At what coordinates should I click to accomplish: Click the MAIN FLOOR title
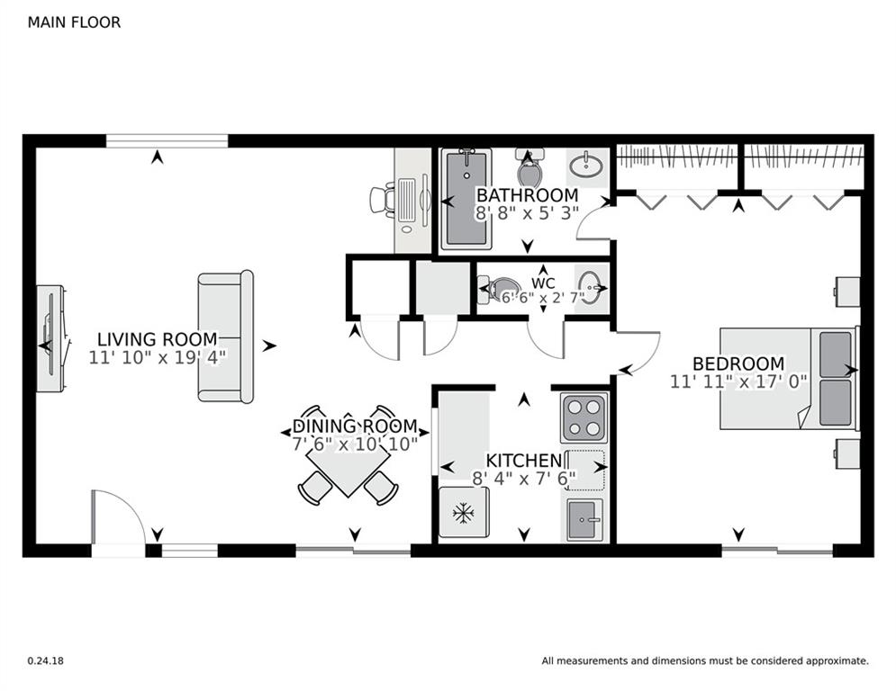click(74, 22)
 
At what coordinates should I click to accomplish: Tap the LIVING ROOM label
click(158, 339)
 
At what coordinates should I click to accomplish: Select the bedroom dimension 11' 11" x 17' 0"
click(738, 381)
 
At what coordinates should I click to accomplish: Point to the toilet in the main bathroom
click(529, 166)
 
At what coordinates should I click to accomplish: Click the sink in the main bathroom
click(585, 166)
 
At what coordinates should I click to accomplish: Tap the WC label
click(543, 283)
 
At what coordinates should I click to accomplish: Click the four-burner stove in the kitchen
click(584, 417)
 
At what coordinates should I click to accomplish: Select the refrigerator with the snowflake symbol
click(464, 512)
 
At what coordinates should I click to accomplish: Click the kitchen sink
click(585, 520)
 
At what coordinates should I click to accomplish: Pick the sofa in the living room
click(226, 337)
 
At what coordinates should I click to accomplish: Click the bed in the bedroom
click(789, 378)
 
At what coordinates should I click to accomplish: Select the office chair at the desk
click(382, 200)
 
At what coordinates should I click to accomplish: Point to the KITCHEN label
click(524, 461)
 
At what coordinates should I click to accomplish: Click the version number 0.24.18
click(46, 660)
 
